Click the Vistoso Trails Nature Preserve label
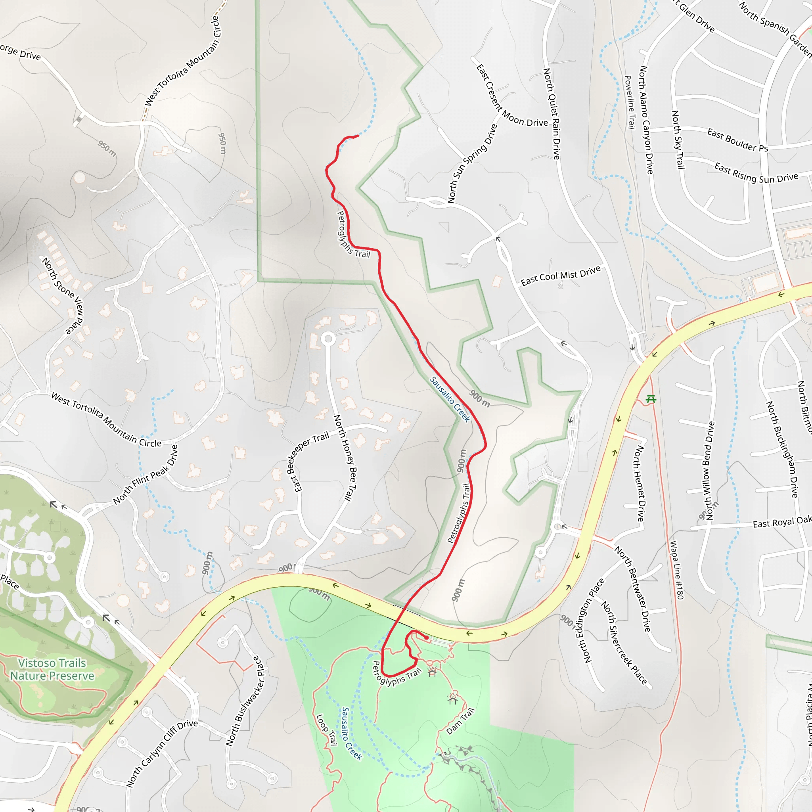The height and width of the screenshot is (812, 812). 52,669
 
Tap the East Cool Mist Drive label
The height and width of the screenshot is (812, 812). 561,276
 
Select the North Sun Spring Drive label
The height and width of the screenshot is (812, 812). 472,163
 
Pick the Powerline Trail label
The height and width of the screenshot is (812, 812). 630,102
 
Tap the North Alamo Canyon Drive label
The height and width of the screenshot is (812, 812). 646,120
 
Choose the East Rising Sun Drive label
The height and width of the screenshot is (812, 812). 756,173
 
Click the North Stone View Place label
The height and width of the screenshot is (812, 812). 63,296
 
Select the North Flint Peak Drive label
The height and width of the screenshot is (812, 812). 146,475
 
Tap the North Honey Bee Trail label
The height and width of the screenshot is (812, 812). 345,458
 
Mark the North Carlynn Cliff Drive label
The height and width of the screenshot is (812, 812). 162,753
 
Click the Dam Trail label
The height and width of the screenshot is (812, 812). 461,721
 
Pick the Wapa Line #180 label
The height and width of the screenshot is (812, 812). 677,570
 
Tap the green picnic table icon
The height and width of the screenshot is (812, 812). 651,399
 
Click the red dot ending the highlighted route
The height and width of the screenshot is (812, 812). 427,638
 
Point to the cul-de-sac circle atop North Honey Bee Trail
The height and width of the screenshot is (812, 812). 328,339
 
